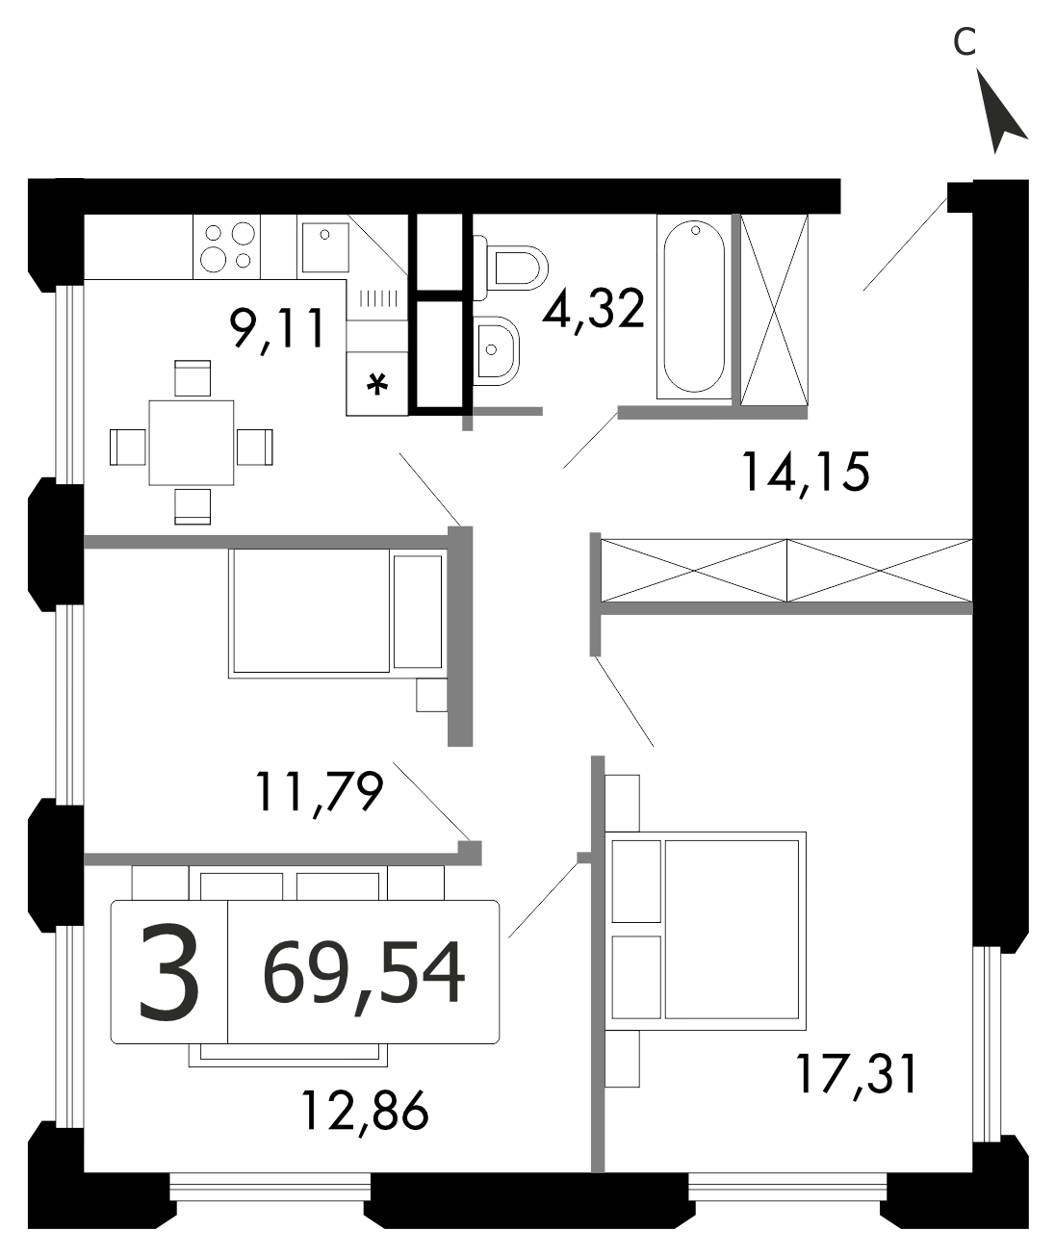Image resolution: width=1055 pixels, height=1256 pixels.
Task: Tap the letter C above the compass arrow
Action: click(x=965, y=42)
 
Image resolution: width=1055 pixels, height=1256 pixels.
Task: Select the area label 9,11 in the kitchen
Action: click(x=277, y=329)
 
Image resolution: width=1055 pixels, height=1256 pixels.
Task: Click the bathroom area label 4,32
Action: click(x=593, y=311)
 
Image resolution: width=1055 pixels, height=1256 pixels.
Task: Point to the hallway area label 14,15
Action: click(x=806, y=473)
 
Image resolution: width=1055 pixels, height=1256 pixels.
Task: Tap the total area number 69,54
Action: click(x=364, y=972)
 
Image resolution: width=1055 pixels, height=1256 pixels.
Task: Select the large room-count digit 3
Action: click(x=168, y=973)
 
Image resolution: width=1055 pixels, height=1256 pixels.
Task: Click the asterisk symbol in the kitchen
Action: click(x=376, y=384)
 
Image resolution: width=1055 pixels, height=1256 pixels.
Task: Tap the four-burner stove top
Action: click(x=226, y=246)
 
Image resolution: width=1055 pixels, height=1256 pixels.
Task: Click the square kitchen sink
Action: click(x=325, y=246)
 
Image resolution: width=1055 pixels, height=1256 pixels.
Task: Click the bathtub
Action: click(x=694, y=307)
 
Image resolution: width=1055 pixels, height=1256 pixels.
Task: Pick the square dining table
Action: click(x=191, y=443)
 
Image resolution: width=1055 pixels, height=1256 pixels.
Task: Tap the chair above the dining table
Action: click(x=193, y=377)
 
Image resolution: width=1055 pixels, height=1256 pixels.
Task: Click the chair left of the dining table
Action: click(x=128, y=447)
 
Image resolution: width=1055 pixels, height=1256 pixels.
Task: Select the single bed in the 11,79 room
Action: click(x=338, y=613)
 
